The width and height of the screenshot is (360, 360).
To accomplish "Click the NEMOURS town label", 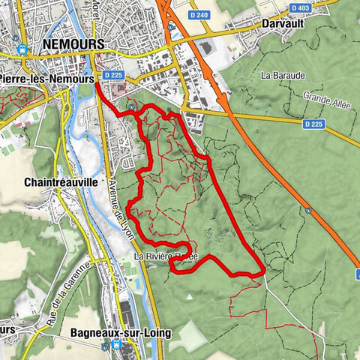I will pyautogui.click(x=73, y=45).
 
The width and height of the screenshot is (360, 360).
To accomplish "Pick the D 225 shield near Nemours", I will pyautogui.click(x=113, y=75).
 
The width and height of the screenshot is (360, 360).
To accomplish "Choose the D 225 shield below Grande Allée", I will pyautogui.click(x=313, y=123).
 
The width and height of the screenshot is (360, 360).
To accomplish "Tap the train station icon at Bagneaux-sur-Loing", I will pyautogui.click(x=116, y=345).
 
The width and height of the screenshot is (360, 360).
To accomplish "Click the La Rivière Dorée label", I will pyautogui.click(x=166, y=256).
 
